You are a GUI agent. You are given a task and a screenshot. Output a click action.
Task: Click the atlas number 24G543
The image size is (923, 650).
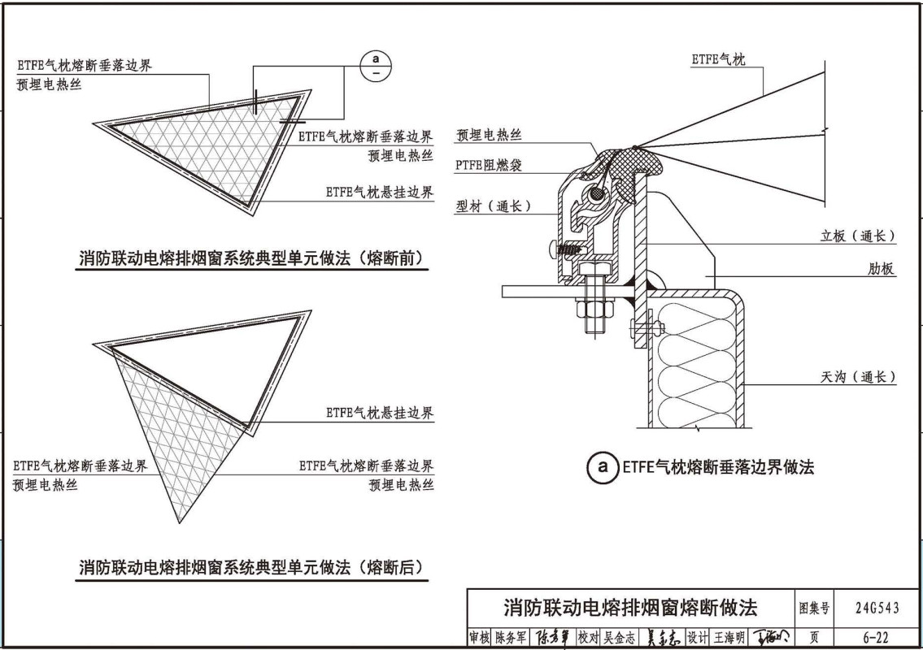click(x=877, y=607)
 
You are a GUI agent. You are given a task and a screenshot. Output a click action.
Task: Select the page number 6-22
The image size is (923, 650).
click(x=877, y=638)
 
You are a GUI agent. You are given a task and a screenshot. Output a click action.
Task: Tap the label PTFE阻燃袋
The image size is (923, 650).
click(x=489, y=166)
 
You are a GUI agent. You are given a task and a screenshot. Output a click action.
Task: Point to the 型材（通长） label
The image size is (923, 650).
click(x=494, y=207)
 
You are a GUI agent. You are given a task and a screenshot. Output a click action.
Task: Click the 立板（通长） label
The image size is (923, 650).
click(x=857, y=236)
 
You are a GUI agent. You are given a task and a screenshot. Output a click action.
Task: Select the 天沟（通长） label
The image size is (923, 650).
click(x=857, y=377)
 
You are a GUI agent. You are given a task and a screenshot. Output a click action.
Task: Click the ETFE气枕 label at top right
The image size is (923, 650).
click(x=718, y=59)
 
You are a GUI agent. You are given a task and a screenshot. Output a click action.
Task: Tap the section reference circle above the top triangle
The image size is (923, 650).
click(x=376, y=66)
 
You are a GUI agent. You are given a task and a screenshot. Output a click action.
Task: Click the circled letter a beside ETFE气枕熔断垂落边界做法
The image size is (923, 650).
click(x=602, y=467)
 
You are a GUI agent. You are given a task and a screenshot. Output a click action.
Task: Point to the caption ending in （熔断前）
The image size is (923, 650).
click(x=253, y=259)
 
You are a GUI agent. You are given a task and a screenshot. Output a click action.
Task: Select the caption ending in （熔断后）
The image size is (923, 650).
click(x=253, y=567)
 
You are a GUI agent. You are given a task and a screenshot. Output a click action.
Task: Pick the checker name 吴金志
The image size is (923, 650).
click(x=620, y=638)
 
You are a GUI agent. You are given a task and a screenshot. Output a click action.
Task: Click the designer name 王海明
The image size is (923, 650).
click(x=729, y=638)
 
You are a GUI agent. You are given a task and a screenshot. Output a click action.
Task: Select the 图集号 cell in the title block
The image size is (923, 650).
click(x=814, y=607)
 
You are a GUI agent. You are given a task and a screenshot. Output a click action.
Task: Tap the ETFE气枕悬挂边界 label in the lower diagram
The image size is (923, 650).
click(x=380, y=413)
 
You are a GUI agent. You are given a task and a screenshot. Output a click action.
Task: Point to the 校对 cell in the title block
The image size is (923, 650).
click(x=588, y=638)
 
